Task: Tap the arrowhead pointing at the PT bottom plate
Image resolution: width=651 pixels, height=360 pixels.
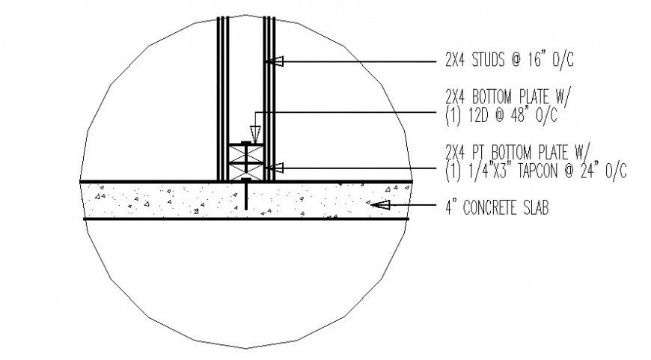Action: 275,167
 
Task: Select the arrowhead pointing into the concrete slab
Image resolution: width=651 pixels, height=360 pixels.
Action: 379,203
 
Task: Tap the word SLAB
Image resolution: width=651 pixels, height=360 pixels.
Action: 537,208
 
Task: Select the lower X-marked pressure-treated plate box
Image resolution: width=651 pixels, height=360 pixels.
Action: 246,173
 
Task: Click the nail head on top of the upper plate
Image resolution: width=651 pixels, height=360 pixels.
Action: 246,142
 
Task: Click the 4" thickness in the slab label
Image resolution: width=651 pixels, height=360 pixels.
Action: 449,208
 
